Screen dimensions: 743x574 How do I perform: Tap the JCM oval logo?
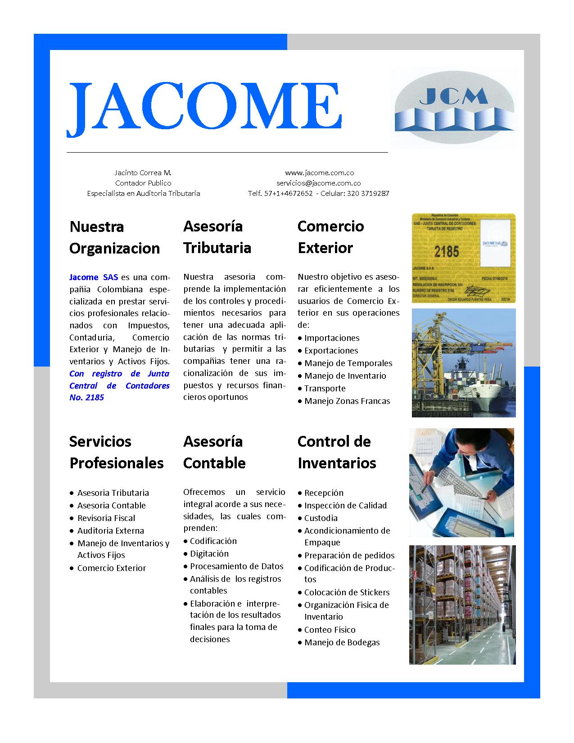pos(453,108)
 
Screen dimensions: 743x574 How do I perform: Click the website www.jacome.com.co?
pos(319,173)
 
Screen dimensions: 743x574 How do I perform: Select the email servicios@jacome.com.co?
pos(318,183)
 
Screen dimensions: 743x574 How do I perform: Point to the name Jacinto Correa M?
pos(143,173)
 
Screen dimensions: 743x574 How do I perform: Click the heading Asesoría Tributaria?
pos(217,237)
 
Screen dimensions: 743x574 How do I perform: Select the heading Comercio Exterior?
pos(330,237)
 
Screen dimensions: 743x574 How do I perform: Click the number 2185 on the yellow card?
pos(447,251)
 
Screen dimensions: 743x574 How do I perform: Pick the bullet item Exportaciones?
pos(331,351)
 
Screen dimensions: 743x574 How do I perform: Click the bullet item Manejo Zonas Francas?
pos(347,401)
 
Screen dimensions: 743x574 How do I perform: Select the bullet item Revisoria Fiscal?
pos(106,518)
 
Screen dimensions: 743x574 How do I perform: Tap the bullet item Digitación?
pos(209,554)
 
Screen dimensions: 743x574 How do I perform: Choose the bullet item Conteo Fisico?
pos(330,630)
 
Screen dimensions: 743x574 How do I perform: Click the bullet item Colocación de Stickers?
pos(347,593)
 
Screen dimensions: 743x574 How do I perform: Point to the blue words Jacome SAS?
pos(93,277)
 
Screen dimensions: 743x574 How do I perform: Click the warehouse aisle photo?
pos(462,605)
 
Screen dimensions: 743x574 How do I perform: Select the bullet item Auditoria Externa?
pos(110,531)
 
